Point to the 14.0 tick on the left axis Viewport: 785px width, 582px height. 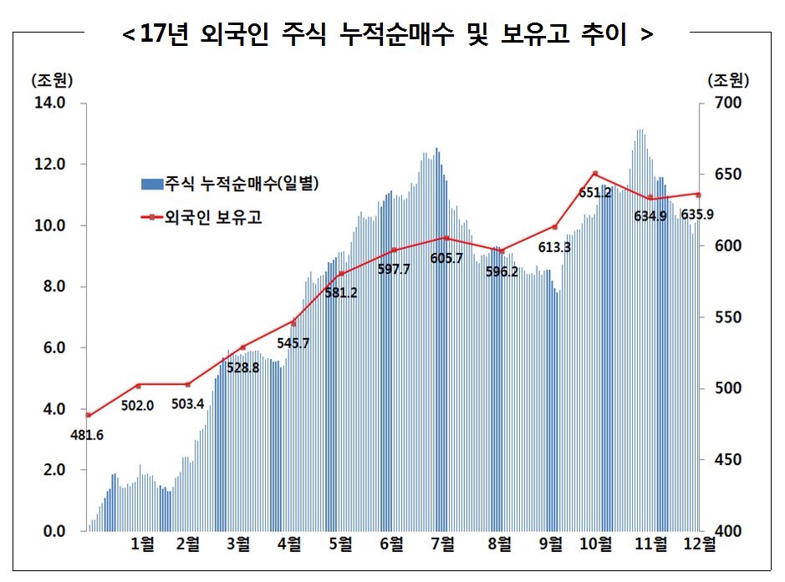[48, 103]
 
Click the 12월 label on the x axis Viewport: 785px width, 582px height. [698, 544]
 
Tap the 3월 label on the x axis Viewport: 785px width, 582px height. [237, 544]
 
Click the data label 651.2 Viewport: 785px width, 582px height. [594, 192]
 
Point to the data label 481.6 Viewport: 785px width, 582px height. [87, 434]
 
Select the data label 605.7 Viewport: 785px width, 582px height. [446, 259]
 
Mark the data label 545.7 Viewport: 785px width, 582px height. [293, 342]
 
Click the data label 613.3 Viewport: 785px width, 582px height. [555, 247]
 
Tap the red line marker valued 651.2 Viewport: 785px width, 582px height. [594, 174]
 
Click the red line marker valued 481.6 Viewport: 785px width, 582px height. [88, 415]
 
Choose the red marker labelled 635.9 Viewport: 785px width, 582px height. [698, 195]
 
